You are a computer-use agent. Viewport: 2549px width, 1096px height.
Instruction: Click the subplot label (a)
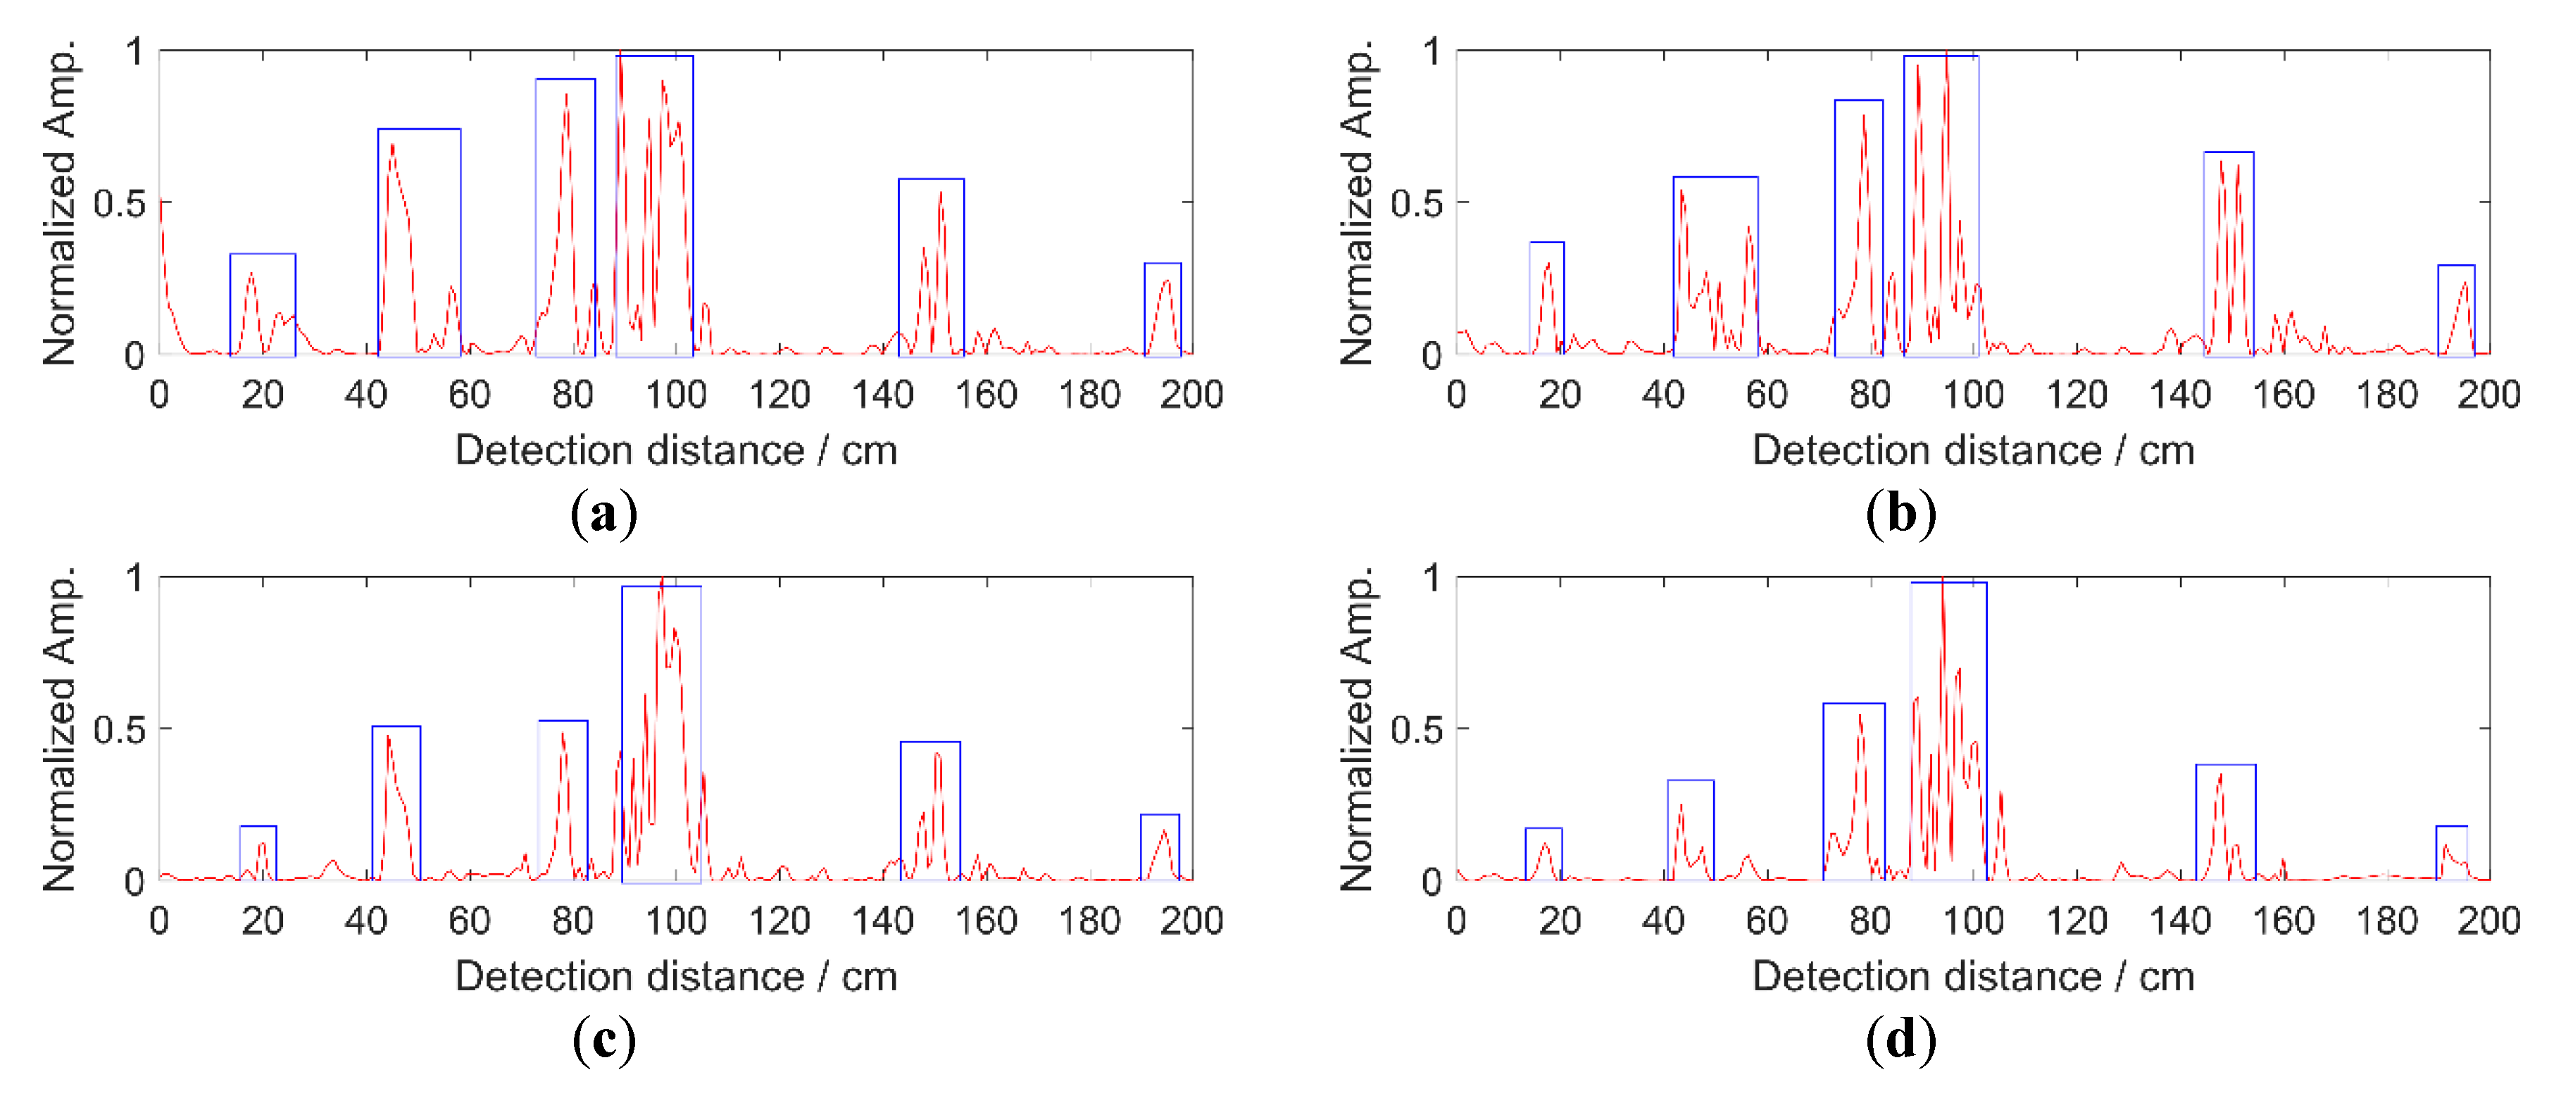[x=603, y=514]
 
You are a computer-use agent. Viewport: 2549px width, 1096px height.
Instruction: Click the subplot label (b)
[x=1900, y=514]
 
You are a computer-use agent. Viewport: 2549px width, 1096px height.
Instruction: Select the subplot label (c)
[x=603, y=1040]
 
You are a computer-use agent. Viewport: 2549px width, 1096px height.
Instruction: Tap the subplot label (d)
[x=1900, y=1040]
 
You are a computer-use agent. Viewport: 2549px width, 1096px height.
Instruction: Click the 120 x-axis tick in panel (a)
[x=779, y=395]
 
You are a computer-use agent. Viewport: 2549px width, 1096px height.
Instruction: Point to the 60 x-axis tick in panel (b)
[x=1766, y=395]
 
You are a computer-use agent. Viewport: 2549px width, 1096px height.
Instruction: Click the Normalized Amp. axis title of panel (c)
[x=59, y=729]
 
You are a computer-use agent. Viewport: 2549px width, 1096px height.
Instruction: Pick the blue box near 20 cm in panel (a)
[x=262, y=304]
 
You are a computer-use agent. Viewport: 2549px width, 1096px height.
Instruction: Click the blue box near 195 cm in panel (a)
[x=1163, y=308]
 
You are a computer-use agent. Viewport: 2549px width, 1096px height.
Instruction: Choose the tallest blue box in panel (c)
[x=661, y=732]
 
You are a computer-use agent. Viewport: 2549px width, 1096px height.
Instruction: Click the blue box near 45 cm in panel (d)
[x=1690, y=830]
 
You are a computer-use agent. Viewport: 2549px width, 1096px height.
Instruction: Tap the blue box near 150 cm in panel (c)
[x=930, y=810]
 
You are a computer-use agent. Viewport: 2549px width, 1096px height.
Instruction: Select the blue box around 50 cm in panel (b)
[x=1715, y=265]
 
